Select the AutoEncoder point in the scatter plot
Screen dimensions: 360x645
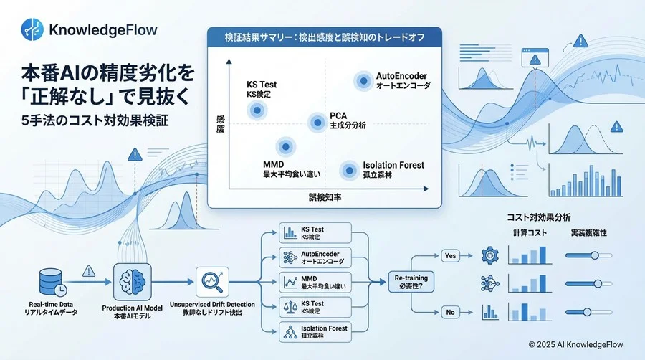(x=363, y=81)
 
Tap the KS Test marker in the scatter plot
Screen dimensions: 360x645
(x=257, y=110)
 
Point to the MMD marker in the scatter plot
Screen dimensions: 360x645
(x=286, y=146)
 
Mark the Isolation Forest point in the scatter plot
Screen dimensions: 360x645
(x=349, y=170)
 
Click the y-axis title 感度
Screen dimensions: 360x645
(x=219, y=123)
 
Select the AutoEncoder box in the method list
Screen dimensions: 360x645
(x=315, y=257)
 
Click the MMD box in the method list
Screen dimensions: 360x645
(x=315, y=283)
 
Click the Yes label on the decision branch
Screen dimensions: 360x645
(x=451, y=255)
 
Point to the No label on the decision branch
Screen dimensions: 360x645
(x=451, y=312)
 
